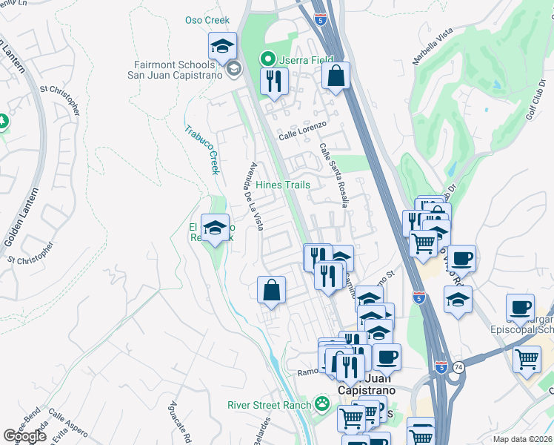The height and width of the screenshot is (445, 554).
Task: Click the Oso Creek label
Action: coord(207,20)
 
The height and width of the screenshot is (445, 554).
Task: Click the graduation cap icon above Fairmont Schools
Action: coord(222,47)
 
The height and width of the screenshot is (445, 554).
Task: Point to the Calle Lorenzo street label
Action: coord(302,136)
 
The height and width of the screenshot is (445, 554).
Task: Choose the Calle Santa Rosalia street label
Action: coord(334,175)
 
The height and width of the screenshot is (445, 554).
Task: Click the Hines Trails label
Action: coord(282,185)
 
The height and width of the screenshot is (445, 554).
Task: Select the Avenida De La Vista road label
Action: coord(253,197)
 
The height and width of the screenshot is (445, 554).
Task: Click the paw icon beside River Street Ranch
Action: coord(322,404)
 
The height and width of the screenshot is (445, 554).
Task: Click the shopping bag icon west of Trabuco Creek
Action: coord(272,290)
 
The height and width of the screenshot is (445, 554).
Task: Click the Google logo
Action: coord(25,436)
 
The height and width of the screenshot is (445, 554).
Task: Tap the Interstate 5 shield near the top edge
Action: coord(320,20)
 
